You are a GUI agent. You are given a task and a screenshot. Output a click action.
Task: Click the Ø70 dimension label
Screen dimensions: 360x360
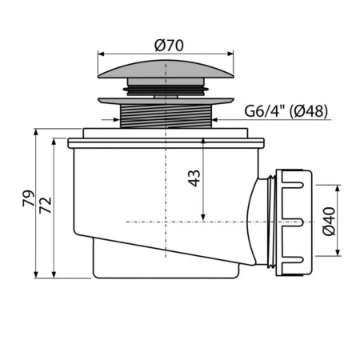click(167, 46)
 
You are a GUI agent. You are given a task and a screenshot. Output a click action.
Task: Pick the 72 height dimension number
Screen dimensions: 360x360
click(46, 206)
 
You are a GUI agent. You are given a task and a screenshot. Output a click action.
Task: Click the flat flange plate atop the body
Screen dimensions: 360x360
click(167, 143)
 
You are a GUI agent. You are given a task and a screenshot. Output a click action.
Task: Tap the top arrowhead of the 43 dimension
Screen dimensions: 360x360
click(204, 142)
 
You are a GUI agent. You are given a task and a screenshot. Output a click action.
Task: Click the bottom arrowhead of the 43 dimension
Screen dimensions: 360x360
click(204, 218)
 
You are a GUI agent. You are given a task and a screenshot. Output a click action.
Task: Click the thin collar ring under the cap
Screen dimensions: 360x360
click(167, 102)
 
